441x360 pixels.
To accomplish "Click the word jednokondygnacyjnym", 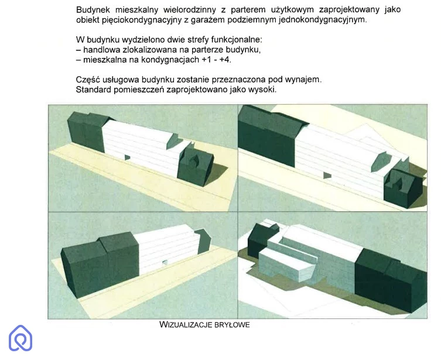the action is (x=323, y=20).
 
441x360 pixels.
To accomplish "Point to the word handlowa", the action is (x=101, y=50).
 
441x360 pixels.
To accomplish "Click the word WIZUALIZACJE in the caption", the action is (x=185, y=325).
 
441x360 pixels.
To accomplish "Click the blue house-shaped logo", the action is (x=20, y=338).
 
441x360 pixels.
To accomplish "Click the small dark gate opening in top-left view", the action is (x=128, y=157).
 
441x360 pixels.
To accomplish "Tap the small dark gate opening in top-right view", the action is (x=327, y=176).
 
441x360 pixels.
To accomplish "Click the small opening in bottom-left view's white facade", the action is (x=165, y=262).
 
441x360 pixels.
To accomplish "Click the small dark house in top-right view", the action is (x=403, y=188).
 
